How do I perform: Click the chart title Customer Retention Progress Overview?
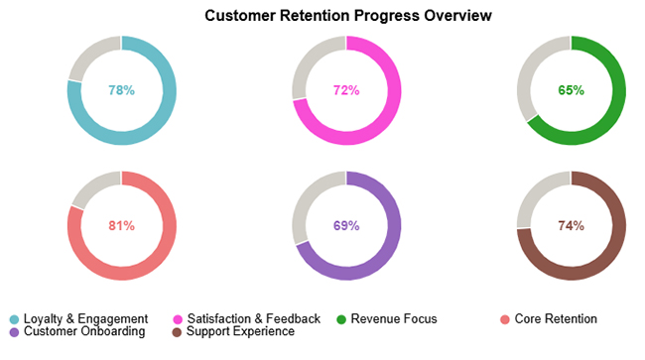coord(347,16)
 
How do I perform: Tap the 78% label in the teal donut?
coord(121,90)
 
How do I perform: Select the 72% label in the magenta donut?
coord(346,90)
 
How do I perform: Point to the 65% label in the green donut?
coord(572,90)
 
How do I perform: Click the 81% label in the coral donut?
coord(121,225)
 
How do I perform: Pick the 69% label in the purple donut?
coord(346,225)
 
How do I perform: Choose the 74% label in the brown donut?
coord(572,225)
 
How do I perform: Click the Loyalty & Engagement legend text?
coord(85,318)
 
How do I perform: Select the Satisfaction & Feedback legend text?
coord(254,318)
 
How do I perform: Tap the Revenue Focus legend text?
coord(394,318)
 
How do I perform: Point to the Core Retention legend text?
coord(556,318)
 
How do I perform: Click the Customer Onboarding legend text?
coord(84,331)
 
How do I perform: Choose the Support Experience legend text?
coord(241,331)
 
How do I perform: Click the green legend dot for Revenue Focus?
coord(341,319)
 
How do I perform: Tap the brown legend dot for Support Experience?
coord(178,332)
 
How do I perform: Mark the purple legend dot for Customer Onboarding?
coord(14,332)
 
